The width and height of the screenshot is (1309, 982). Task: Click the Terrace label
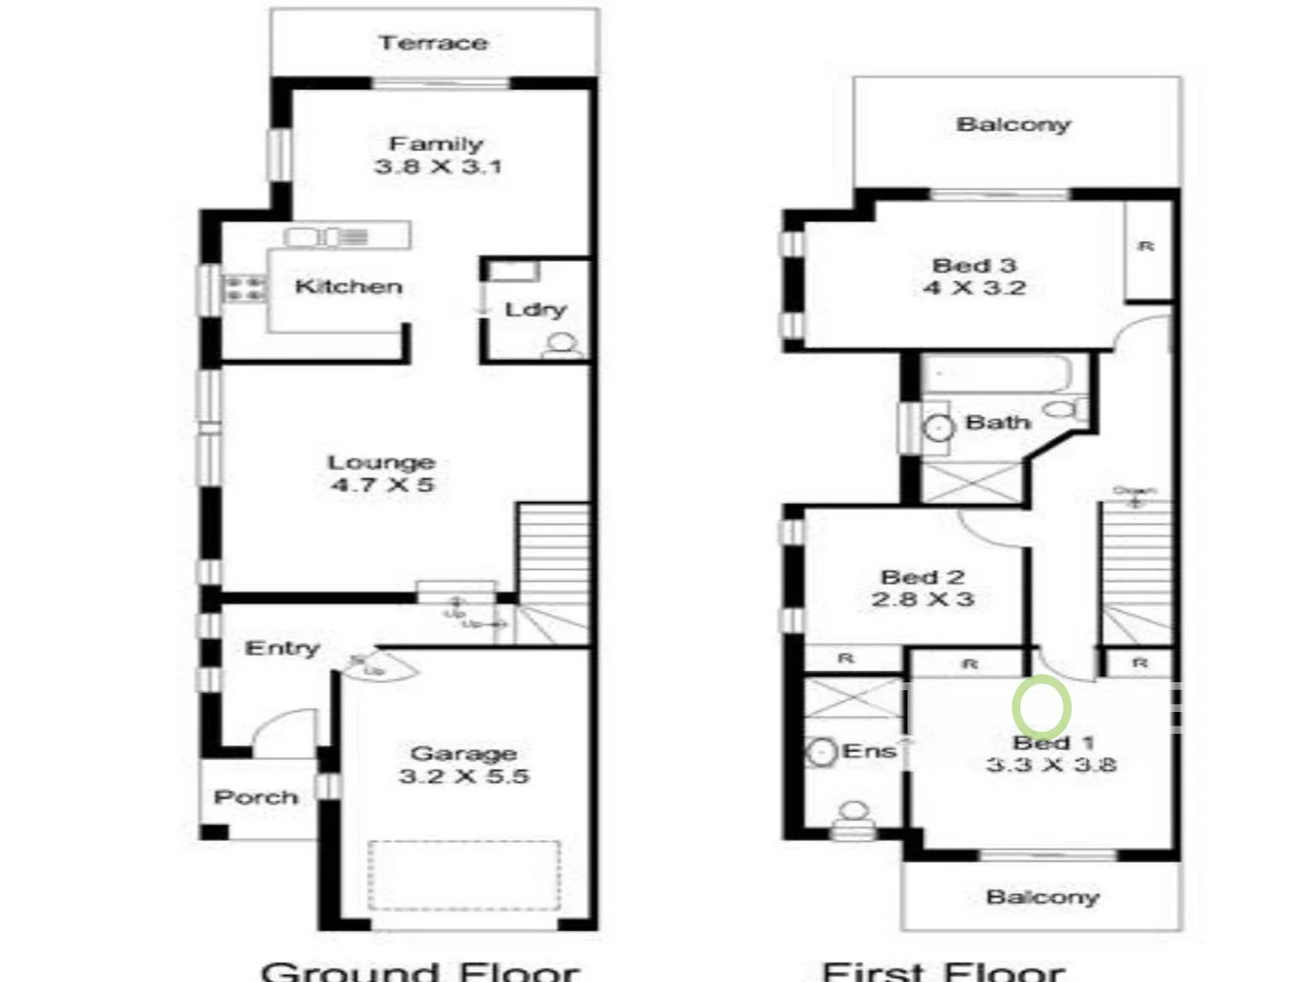(433, 43)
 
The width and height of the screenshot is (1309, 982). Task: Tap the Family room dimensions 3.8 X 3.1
(437, 166)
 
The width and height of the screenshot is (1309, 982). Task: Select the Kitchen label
(348, 286)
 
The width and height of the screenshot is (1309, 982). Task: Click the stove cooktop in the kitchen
(245, 289)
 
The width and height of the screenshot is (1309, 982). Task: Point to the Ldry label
(535, 309)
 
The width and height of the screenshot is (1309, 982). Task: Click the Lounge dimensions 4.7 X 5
(383, 485)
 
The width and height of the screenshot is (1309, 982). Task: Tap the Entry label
(282, 648)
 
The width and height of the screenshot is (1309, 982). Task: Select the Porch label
(255, 797)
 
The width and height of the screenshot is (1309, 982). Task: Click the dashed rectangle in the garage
(464, 874)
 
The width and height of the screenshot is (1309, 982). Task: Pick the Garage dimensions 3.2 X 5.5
(464, 776)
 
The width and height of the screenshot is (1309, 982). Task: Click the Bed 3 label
(974, 266)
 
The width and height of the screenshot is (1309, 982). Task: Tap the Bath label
(997, 422)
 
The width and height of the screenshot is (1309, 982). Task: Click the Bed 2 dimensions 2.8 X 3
(922, 599)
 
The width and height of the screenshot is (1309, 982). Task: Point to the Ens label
(869, 751)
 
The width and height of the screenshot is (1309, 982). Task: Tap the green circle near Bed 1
(1042, 706)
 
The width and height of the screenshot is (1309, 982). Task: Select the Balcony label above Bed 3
(1013, 124)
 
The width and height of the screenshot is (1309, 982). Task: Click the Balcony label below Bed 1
(1042, 897)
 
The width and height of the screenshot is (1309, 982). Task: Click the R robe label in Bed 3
(1146, 245)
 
